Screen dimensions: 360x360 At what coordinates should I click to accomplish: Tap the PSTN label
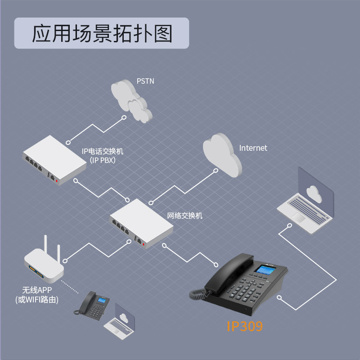(x=145, y=82)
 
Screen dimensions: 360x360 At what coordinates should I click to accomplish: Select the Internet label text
(x=253, y=148)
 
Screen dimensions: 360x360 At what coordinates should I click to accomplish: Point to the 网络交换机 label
(x=185, y=216)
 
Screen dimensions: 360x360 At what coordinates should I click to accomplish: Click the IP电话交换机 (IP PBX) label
(x=102, y=155)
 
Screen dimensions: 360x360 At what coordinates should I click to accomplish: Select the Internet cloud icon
(x=221, y=154)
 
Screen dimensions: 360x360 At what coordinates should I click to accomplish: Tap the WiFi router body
(x=44, y=265)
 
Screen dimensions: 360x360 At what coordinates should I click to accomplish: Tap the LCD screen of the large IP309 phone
(x=263, y=270)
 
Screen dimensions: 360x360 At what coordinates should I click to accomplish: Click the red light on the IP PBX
(x=57, y=180)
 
